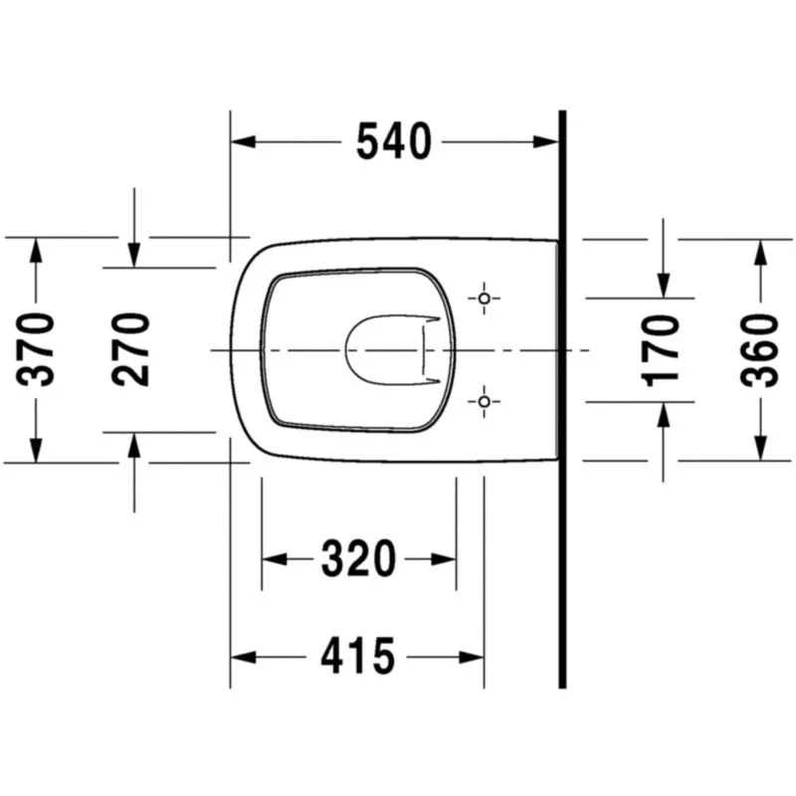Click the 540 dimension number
coord(394,141)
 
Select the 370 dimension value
coord(36,350)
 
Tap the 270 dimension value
coord(131,350)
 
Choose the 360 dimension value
coord(759,351)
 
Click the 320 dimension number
coord(358,559)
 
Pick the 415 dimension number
coord(358,657)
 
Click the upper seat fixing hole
coord(484,298)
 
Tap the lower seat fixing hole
coord(484,402)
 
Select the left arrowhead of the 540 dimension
coord(243,141)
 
